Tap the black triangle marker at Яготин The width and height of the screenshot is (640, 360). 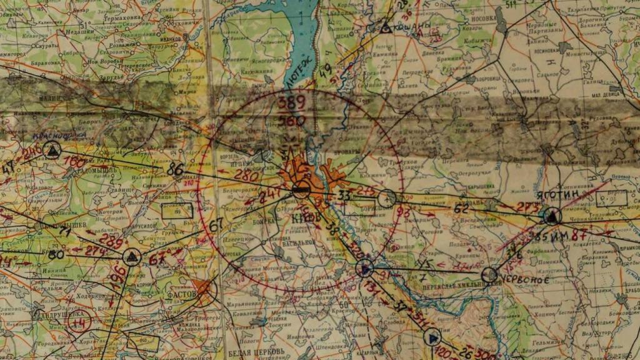tap(551, 217)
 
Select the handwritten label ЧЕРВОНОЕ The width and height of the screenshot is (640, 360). tap(524, 281)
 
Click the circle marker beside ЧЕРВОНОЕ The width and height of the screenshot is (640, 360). tap(489, 275)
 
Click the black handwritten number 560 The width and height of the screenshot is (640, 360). tap(292, 121)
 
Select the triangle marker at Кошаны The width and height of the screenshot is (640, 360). tap(386, 27)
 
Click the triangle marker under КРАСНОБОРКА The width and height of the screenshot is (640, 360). tap(52, 150)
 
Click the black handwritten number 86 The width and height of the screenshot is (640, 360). tap(175, 169)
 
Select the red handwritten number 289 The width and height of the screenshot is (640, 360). tap(111, 242)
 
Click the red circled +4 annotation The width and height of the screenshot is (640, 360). tap(77, 323)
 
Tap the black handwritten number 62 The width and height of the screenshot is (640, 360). tap(461, 209)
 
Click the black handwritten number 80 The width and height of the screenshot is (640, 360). tap(56, 254)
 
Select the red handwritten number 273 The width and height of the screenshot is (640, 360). tap(529, 207)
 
